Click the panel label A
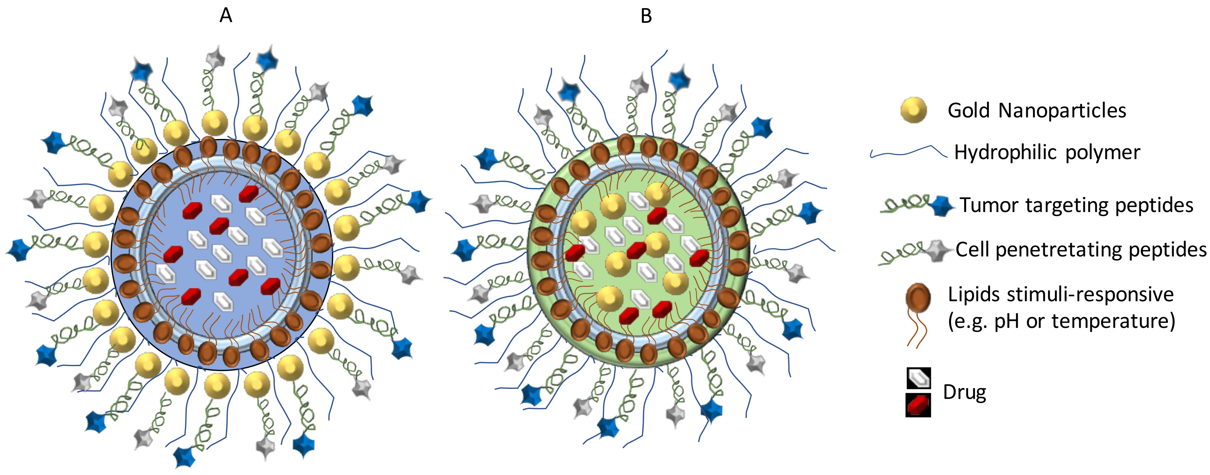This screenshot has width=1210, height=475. [x=225, y=16]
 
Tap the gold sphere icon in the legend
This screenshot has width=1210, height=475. [x=913, y=110]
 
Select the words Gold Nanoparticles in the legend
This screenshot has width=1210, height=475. [x=1037, y=111]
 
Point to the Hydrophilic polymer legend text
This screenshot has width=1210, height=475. [x=1047, y=152]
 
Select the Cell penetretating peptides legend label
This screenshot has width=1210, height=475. [x=1081, y=249]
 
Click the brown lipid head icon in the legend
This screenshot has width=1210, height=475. [x=918, y=297]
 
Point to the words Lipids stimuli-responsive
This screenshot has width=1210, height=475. [x=1061, y=295]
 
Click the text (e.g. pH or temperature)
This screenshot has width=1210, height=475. [x=1061, y=321]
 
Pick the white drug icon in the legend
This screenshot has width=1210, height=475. [x=918, y=378]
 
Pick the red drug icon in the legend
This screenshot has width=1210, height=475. [x=918, y=405]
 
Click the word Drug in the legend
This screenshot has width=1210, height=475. [x=965, y=392]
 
